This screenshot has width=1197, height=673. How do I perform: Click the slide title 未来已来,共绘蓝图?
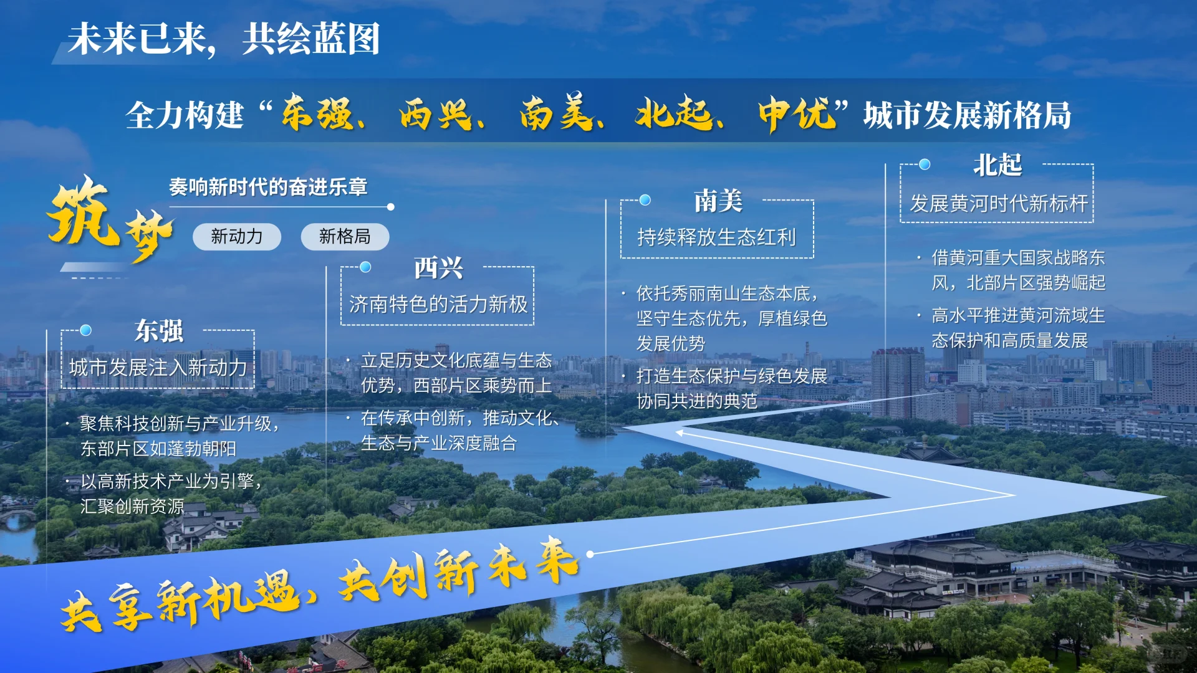223,39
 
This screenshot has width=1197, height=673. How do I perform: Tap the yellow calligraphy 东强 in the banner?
318,113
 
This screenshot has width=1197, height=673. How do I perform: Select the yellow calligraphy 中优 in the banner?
797,113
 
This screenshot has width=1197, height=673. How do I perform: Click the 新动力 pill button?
237,237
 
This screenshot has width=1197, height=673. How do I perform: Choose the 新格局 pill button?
345,237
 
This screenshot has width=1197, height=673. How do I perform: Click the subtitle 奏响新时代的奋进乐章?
268,187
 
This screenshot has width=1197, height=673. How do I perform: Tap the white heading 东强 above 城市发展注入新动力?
159,331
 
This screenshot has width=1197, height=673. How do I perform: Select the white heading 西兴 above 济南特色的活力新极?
438,269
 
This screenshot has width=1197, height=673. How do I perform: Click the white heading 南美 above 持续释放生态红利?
718,201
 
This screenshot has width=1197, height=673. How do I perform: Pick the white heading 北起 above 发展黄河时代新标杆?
997,165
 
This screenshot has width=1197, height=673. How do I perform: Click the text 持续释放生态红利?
716,237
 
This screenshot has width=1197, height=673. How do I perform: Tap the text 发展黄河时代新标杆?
999,204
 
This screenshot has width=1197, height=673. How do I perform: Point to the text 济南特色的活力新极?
438,304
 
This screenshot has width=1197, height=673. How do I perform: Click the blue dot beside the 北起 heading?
925,165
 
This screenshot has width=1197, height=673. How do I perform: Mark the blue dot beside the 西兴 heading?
365,267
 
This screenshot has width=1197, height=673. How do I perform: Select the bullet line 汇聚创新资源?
132,506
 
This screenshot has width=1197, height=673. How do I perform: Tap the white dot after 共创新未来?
590,553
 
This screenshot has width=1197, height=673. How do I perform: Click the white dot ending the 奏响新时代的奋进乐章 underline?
390,207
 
